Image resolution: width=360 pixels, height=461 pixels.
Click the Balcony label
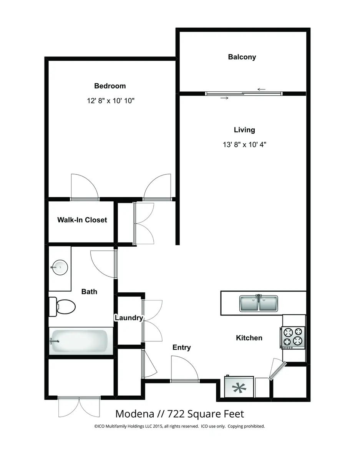point(242,57)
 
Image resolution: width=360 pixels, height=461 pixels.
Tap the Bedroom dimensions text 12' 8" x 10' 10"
point(111,100)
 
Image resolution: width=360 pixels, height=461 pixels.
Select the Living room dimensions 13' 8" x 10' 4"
point(244,144)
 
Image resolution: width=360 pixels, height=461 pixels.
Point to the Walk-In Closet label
point(82,220)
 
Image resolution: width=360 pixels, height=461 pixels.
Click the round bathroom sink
point(60,267)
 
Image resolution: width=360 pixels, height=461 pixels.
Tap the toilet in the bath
point(62,307)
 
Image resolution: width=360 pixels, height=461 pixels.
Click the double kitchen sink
point(259,303)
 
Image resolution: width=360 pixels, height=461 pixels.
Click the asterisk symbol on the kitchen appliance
point(239,388)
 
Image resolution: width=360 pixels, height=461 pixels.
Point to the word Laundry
point(129,318)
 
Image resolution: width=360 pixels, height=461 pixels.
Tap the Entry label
point(182,347)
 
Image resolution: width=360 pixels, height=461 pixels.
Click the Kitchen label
point(249,338)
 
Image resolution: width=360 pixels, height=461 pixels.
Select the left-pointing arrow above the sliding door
point(261,89)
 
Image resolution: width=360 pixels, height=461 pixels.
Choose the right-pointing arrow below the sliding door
point(224,98)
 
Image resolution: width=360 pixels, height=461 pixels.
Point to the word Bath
point(89,292)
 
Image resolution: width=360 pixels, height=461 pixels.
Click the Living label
point(244,130)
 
